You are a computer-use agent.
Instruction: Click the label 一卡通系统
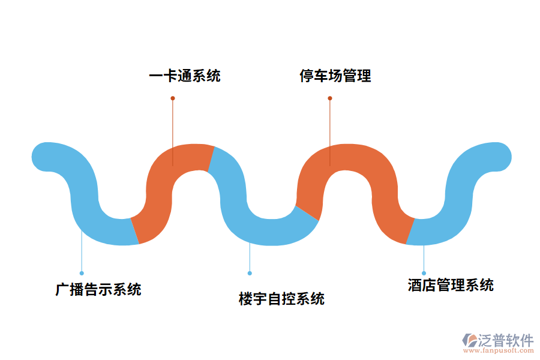(185, 76)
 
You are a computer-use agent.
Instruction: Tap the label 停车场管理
(335, 76)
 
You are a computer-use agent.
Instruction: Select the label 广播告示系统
(98, 289)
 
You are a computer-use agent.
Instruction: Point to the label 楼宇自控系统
(281, 298)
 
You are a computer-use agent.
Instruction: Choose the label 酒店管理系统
(451, 285)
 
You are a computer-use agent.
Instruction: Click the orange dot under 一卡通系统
(173, 98)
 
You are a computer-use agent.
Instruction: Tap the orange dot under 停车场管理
(330, 98)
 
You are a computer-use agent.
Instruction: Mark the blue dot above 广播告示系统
(82, 273)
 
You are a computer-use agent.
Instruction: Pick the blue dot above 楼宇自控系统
(250, 273)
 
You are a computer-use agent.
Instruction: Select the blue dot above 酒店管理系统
(424, 273)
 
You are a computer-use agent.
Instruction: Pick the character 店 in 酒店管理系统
(429, 285)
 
